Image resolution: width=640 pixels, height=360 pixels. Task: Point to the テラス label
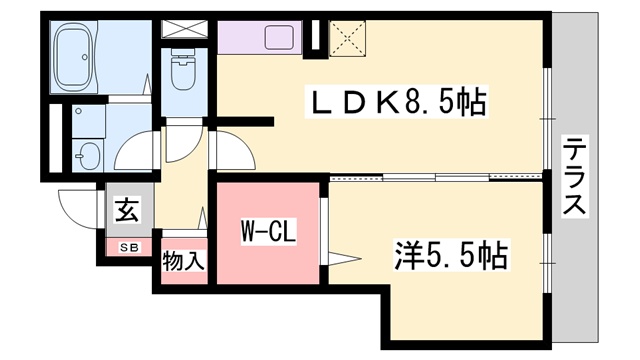tap(574, 177)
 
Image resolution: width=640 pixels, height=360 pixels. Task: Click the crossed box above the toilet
tap(182, 29)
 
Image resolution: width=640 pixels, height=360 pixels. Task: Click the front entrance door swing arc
tap(76, 209)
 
